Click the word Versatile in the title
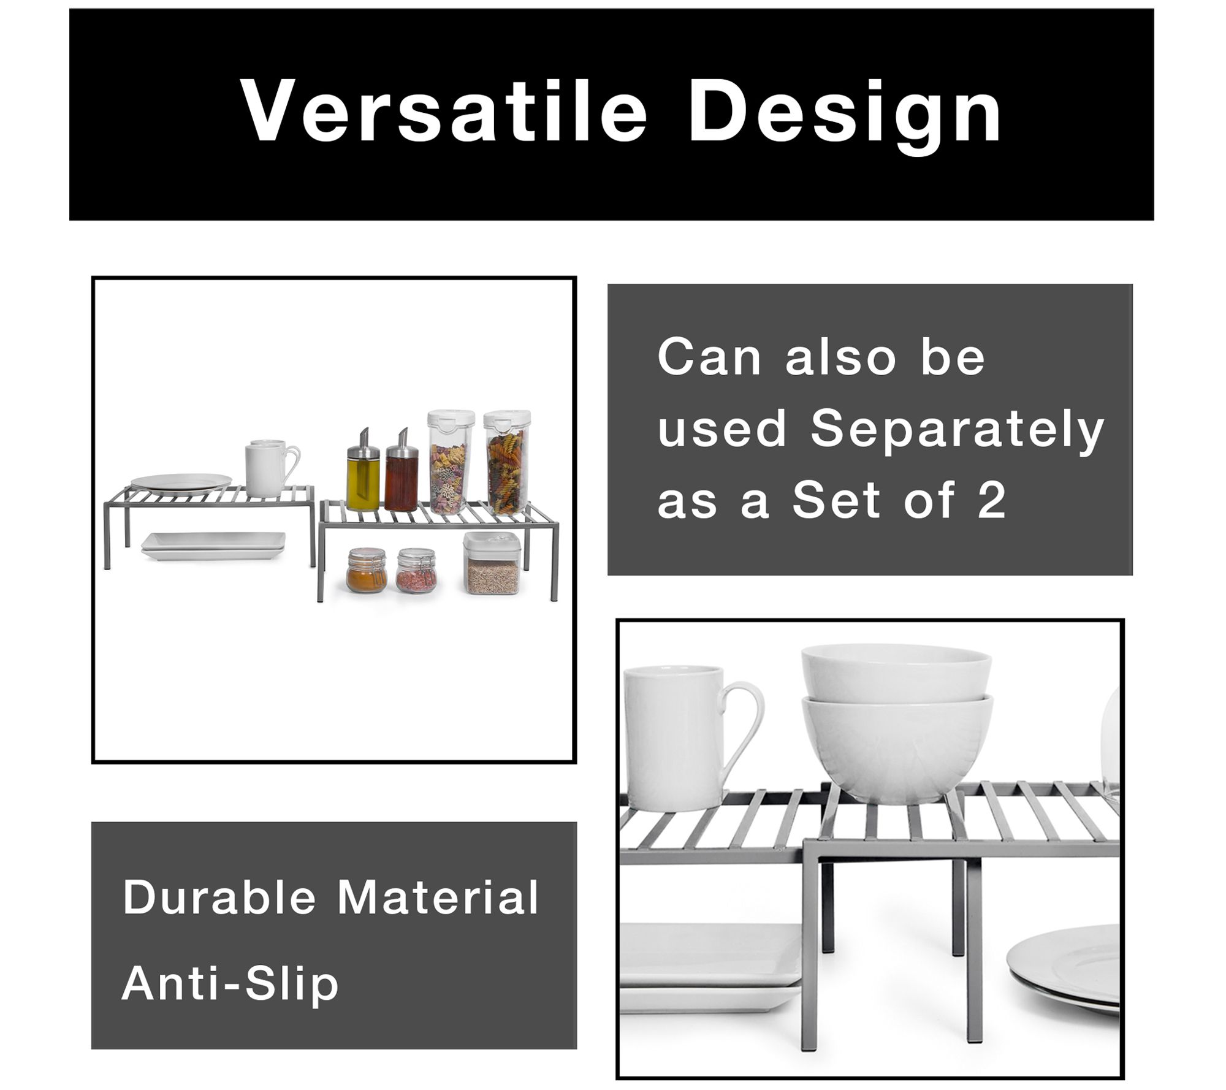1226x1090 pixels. [x=444, y=112]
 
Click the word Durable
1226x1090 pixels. [x=219, y=896]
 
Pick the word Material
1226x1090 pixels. [x=438, y=896]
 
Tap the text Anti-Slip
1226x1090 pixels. [x=230, y=983]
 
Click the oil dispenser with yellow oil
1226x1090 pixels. [x=364, y=470]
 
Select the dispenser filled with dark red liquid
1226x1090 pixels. [x=402, y=470]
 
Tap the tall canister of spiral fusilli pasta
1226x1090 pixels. [x=506, y=462]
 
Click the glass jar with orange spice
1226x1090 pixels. [x=367, y=571]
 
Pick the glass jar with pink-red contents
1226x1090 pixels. [x=416, y=571]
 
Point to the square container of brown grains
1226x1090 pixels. [x=492, y=563]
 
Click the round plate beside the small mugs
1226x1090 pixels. [x=181, y=484]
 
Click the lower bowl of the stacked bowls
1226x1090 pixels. [x=897, y=749]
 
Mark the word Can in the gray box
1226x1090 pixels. [x=709, y=356]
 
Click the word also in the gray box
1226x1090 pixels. [x=841, y=356]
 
